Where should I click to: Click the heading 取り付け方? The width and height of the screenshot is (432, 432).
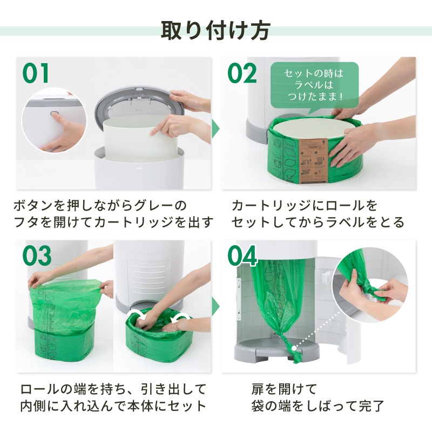tap(215, 31)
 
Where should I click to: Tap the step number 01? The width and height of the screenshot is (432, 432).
tap(36, 73)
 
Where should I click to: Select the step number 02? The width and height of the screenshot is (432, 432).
tap(242, 73)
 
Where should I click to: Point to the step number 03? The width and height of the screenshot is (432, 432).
tap(37, 255)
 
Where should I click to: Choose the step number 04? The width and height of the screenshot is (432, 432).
tap(242, 255)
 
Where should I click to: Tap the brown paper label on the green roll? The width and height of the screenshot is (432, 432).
tap(313, 160)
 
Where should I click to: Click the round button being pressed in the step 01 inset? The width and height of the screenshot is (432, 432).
tap(55, 113)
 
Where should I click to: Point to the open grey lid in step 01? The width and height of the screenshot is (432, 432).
tap(138, 105)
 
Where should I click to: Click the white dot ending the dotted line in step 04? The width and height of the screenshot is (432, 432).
tap(294, 348)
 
